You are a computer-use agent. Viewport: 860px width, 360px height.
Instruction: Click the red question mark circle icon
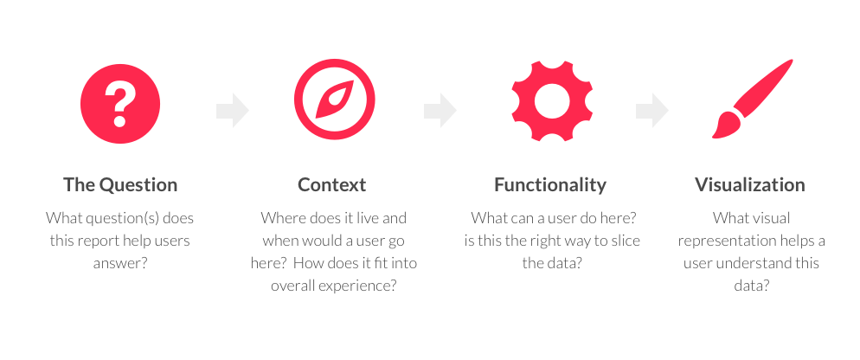(x=120, y=104)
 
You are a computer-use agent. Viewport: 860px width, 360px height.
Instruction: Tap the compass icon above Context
(x=335, y=100)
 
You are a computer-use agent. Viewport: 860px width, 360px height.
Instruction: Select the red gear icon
(x=552, y=101)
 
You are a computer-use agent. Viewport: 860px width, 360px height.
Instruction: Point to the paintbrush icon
(x=753, y=99)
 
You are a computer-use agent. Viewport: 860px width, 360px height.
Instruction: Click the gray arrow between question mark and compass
(x=233, y=110)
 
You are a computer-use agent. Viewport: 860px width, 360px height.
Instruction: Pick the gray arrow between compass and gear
(x=440, y=110)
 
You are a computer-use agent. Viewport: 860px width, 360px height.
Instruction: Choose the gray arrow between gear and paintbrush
(x=652, y=110)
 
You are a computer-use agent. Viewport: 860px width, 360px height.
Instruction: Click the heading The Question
(x=120, y=184)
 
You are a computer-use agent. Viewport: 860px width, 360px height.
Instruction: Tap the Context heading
(x=332, y=184)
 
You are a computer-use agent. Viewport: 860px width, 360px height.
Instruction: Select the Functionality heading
(x=550, y=184)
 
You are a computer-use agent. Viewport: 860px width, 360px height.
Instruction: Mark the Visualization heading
(x=750, y=184)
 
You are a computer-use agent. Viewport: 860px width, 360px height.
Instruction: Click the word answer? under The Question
(x=120, y=263)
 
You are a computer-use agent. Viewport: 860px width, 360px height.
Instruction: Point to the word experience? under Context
(x=362, y=286)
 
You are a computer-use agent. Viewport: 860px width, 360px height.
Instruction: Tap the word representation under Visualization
(x=722, y=241)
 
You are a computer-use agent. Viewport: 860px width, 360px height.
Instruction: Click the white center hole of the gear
(x=552, y=101)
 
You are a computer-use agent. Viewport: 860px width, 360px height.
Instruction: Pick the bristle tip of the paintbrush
(x=715, y=134)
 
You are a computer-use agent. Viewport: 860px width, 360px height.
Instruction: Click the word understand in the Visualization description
(x=748, y=263)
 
